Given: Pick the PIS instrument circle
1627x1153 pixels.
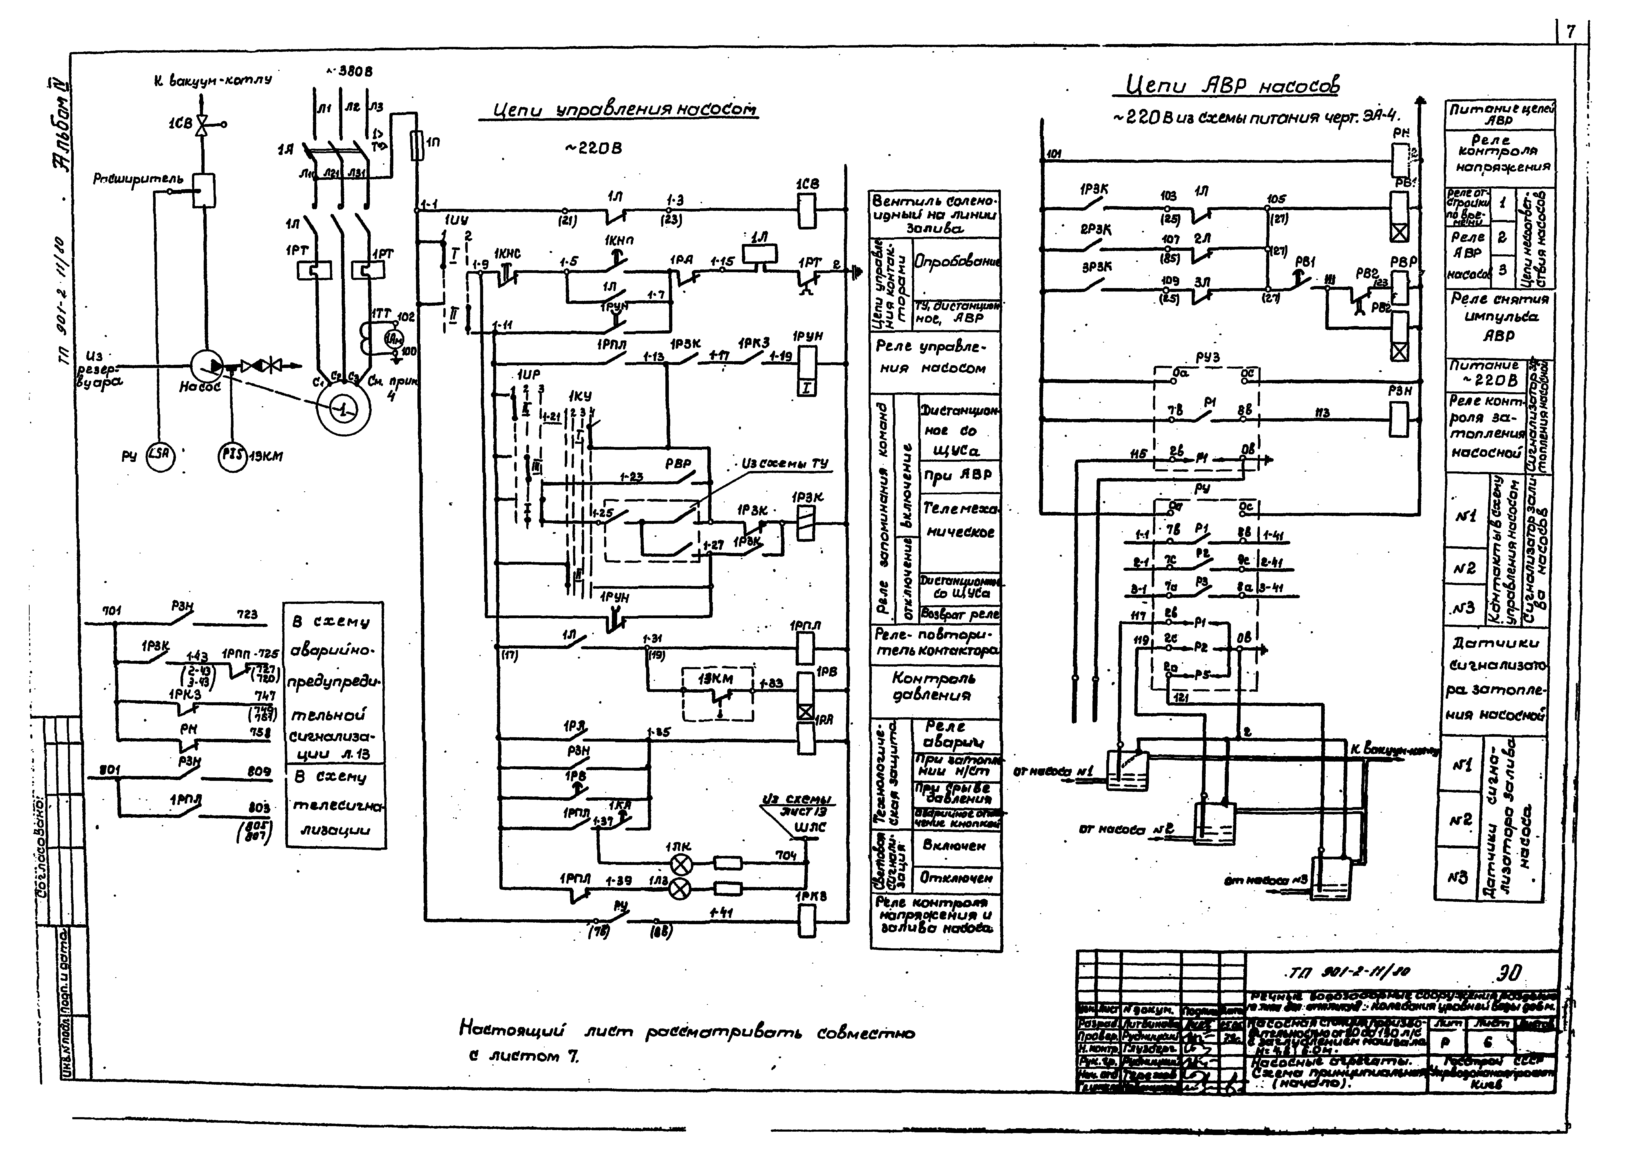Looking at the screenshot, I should (231, 456).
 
